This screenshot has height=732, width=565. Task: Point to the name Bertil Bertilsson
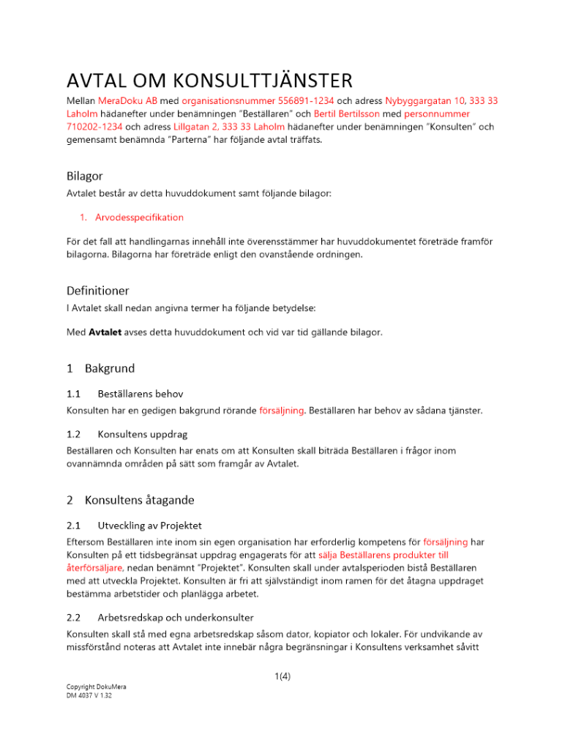coord(352,114)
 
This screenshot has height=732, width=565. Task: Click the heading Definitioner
coord(98,291)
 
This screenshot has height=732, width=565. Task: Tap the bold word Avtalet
coord(109,332)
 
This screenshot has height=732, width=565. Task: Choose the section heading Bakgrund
coord(110,367)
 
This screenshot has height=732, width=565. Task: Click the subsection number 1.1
coord(74,394)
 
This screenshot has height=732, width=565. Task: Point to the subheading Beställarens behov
coord(141,394)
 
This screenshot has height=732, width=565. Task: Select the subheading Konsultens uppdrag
coord(144,433)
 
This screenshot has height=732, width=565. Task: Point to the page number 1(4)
coord(282,676)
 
